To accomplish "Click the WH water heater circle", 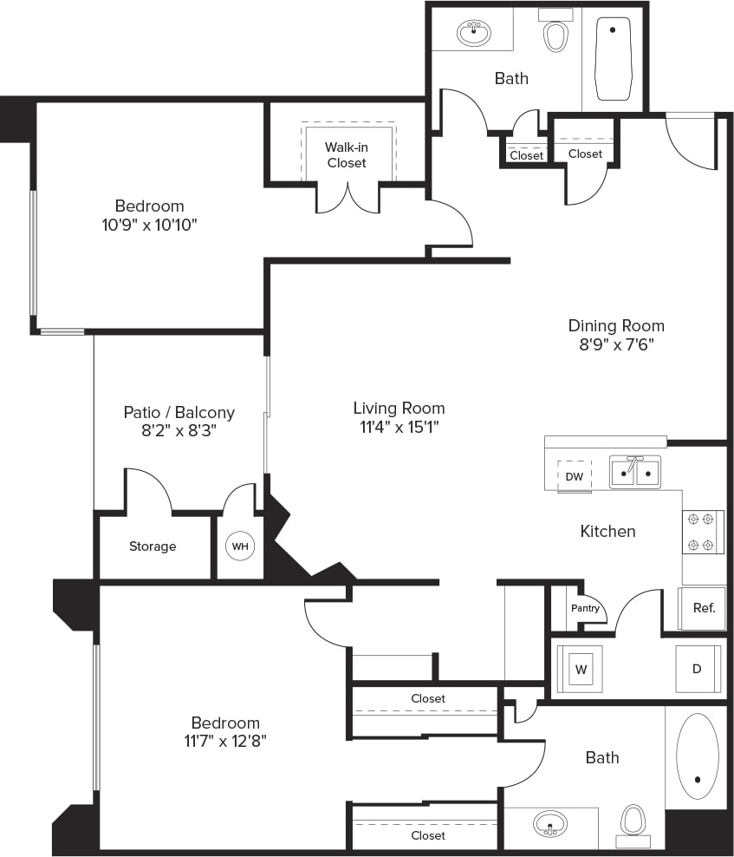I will (239, 546).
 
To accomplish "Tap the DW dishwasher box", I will (574, 476).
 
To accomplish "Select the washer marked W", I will (580, 669).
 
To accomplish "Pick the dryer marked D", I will (698, 669).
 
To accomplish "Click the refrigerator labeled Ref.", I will (704, 608).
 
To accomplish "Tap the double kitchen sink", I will (635, 472).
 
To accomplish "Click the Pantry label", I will (585, 608).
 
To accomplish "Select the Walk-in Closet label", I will (347, 155).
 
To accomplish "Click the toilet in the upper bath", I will (555, 35).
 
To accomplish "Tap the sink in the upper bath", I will (474, 34).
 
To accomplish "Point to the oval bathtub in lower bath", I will (697, 756).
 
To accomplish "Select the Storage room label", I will (153, 546).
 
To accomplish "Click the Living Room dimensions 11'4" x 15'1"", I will (399, 427).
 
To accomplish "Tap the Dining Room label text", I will (616, 326).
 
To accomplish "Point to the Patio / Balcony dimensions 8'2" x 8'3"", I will (179, 431).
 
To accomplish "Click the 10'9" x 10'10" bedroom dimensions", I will (150, 225).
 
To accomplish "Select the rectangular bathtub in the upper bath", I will (614, 58).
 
